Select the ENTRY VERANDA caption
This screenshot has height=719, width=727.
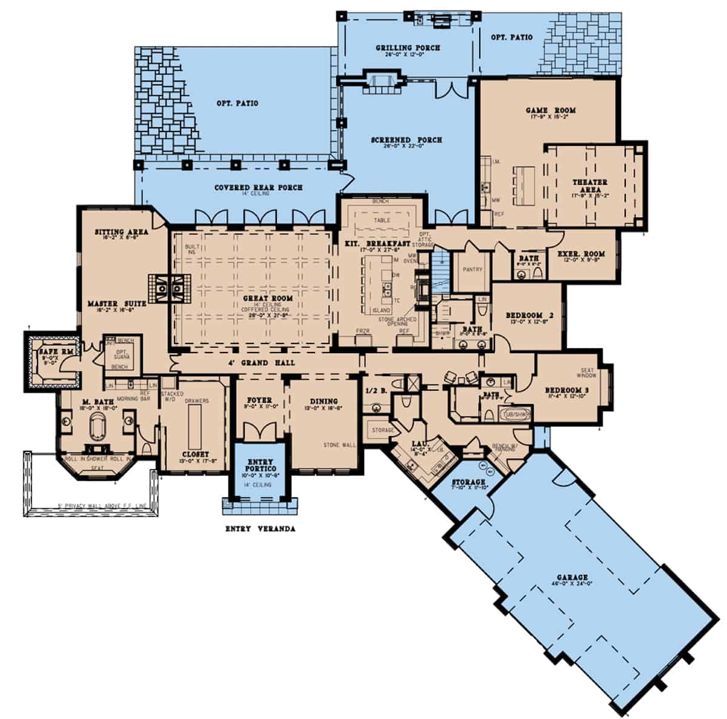click(x=260, y=529)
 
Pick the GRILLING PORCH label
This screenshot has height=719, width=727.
click(x=408, y=48)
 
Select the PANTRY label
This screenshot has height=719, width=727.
click(x=472, y=270)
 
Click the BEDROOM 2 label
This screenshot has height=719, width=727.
click(x=531, y=316)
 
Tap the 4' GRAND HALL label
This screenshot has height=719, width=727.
click(x=270, y=363)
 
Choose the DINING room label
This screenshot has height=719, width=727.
click(x=324, y=401)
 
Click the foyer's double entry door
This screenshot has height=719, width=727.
click(x=259, y=431)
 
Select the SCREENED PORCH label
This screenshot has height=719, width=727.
click(x=407, y=140)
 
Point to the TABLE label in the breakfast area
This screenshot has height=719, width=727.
click(x=382, y=220)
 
